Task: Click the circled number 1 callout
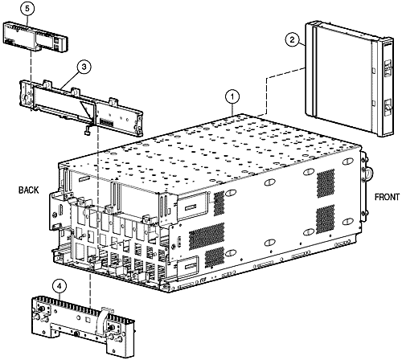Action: (232, 96)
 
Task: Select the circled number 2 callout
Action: (293, 37)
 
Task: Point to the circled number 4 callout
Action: (59, 284)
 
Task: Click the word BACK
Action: (29, 190)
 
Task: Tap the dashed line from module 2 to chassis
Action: (265, 88)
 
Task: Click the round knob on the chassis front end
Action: (370, 173)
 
